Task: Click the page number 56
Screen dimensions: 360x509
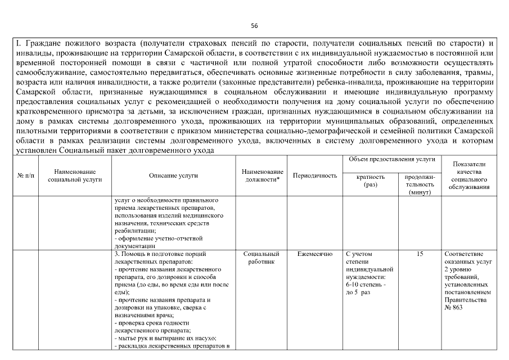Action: [254, 26]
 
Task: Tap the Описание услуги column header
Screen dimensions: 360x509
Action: [173, 175]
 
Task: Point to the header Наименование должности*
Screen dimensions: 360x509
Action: [262, 175]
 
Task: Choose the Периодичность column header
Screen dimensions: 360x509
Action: [315, 175]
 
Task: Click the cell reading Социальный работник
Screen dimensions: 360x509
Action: [262, 258]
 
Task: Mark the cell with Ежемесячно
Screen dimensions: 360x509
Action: [315, 254]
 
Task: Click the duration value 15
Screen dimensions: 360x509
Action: [420, 254]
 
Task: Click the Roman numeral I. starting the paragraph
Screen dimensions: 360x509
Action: [17, 43]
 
